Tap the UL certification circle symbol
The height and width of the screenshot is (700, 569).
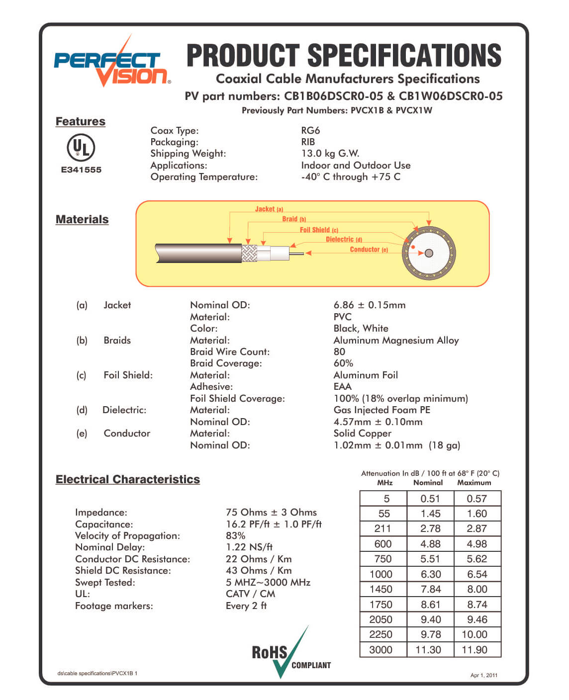point(81,148)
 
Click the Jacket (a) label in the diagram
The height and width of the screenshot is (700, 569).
point(269,209)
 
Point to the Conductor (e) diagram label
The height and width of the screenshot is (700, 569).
point(369,250)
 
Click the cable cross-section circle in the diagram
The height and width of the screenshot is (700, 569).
point(429,253)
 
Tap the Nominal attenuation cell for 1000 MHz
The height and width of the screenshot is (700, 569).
point(430,574)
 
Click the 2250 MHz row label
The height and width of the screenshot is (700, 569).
point(380,634)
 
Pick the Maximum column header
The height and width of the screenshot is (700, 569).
point(474,483)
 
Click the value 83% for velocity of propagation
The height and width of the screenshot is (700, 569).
point(236,535)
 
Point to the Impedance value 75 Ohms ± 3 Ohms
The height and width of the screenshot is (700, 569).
point(271,512)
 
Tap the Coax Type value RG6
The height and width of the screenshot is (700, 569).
point(310,130)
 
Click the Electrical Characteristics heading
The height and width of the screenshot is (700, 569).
point(128,479)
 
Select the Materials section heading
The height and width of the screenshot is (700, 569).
point(82,219)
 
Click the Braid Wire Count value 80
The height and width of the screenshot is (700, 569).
point(339,351)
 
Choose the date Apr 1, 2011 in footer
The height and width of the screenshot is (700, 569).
point(483,675)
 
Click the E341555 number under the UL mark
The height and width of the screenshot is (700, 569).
point(81,170)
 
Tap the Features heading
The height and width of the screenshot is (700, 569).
point(81,121)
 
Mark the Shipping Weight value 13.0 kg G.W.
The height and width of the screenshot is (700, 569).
point(330,153)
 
